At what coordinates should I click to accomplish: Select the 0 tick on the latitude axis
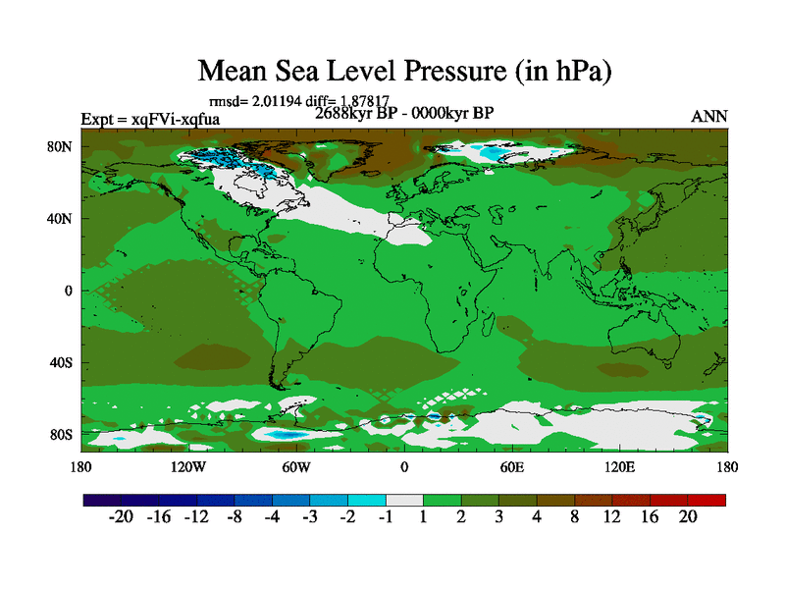69,291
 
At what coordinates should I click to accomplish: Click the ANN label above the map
709,117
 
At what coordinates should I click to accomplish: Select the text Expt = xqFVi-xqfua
150,120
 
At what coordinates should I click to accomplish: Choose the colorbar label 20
688,517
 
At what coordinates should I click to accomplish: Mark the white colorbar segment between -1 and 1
404,500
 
